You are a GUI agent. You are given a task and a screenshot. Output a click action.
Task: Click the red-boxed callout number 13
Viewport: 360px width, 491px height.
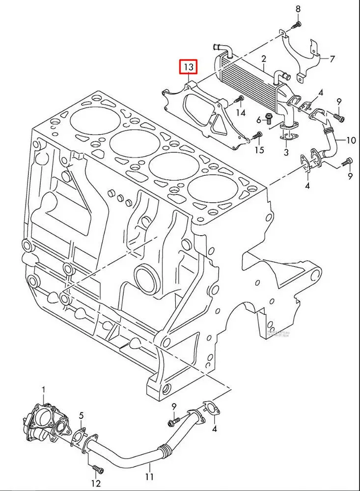(189, 67)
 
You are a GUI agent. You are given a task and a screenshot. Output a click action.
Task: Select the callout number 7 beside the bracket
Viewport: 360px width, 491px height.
(332, 59)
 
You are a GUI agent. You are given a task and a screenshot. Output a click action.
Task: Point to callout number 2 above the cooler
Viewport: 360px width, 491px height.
(263, 59)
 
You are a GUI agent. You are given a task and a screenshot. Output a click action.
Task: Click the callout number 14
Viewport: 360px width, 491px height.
(240, 113)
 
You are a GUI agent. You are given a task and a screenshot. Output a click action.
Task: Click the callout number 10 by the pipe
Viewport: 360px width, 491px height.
(351, 140)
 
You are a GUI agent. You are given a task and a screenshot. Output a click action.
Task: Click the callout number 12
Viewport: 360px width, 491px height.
(96, 485)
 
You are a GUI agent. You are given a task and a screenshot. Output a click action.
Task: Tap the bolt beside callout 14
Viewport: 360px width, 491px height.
(239, 100)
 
